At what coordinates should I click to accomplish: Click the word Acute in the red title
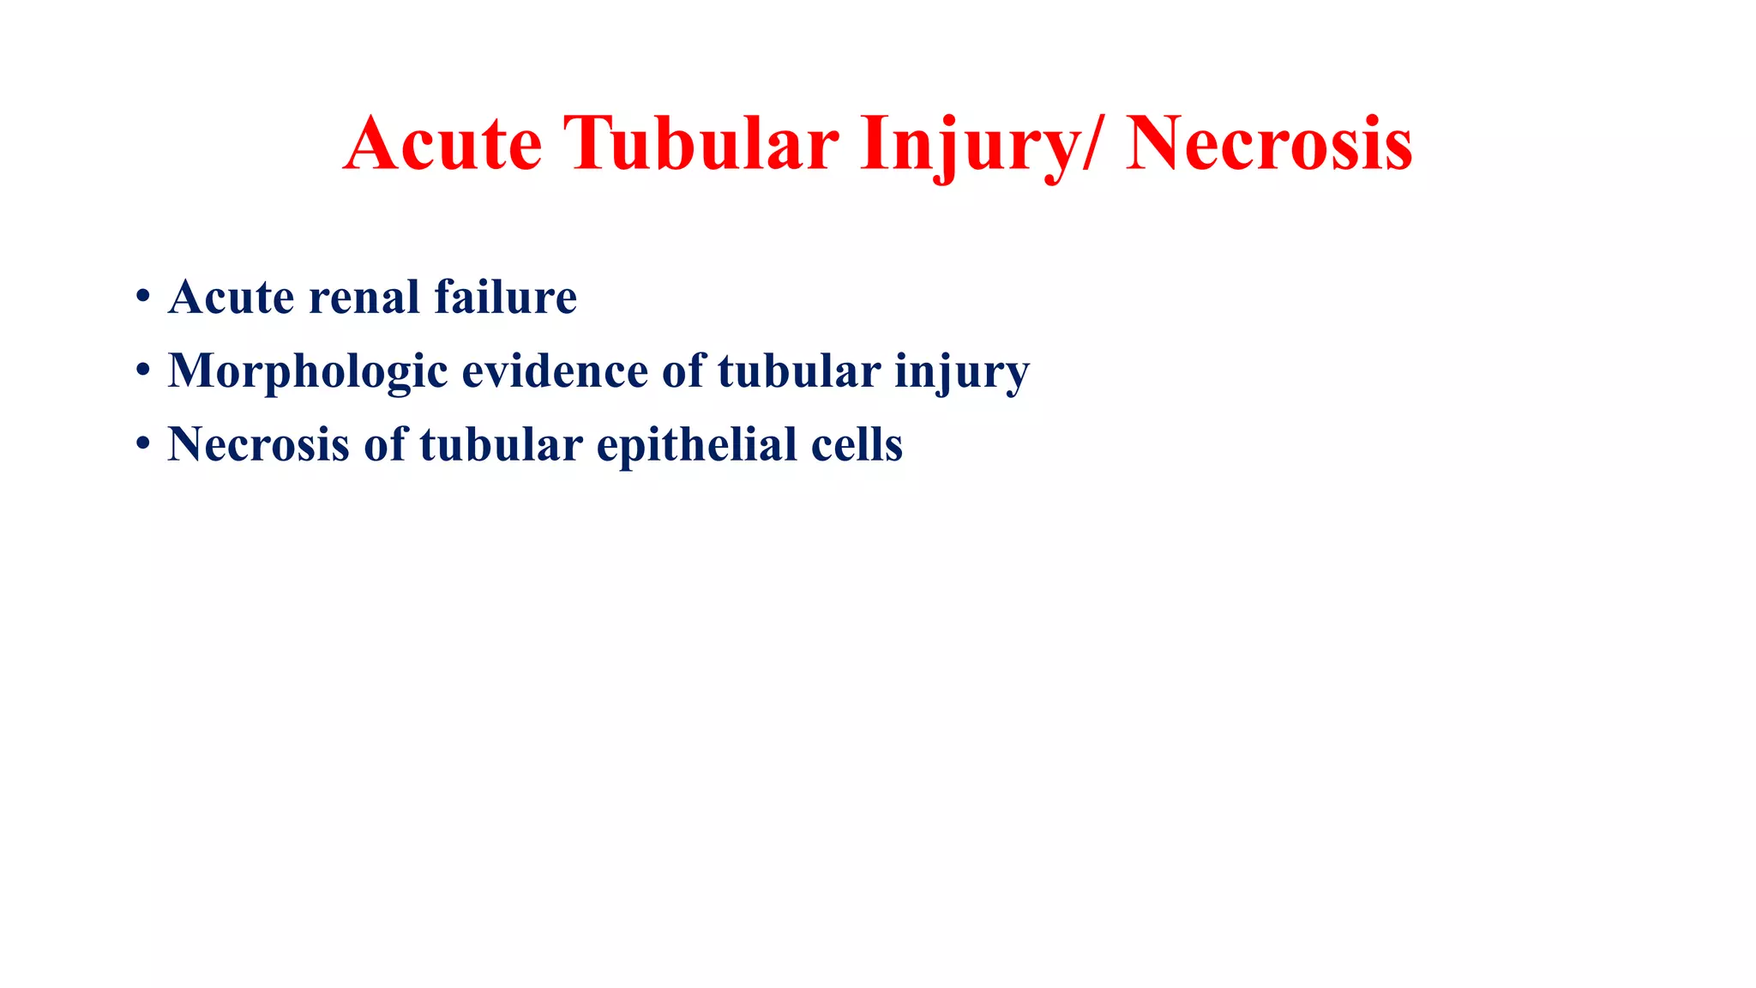[x=442, y=143]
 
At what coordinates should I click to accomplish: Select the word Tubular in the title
[x=701, y=143]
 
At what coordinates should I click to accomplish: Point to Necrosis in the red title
[x=1269, y=143]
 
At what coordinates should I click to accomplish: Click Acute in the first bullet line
[x=232, y=298]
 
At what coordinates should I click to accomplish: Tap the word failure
[x=505, y=298]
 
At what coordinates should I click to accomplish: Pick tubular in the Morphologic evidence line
[x=799, y=371]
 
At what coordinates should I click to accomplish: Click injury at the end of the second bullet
[x=962, y=373]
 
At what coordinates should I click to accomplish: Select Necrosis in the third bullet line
[x=258, y=445]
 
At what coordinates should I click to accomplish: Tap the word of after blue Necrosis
[x=385, y=445]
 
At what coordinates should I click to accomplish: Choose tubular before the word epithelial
[x=501, y=445]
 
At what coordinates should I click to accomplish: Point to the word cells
[x=857, y=445]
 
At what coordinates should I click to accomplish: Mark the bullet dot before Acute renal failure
[x=143, y=298]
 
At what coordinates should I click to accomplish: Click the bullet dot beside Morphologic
[x=143, y=371]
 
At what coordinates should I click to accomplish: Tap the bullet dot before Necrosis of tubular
[x=143, y=445]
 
